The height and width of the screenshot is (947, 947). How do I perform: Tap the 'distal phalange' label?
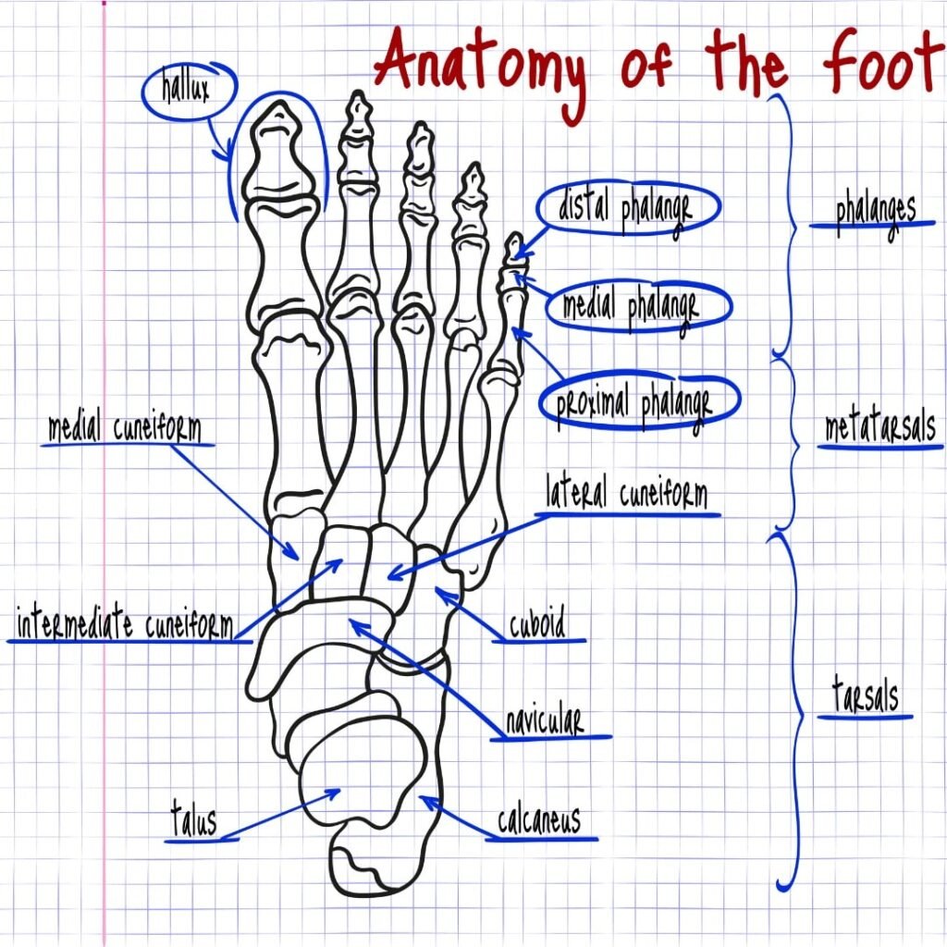[624, 209]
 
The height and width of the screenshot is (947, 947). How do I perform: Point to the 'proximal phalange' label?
[634, 403]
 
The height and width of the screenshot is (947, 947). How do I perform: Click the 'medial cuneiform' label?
[125, 429]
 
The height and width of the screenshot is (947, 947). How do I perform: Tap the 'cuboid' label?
[536, 626]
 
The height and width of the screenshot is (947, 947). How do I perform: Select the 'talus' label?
[193, 819]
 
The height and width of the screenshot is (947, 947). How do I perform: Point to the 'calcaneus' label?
[538, 819]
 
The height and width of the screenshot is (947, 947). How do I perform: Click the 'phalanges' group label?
[874, 211]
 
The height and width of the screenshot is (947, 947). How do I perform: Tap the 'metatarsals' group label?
[879, 430]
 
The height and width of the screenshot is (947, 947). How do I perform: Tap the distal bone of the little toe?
[511, 249]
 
